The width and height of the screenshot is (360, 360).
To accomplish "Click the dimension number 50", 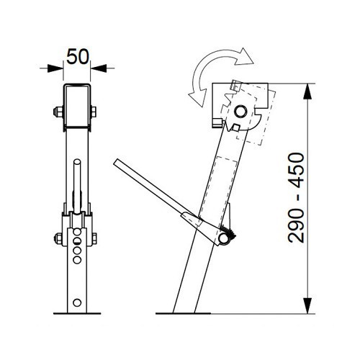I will click(x=78, y=55).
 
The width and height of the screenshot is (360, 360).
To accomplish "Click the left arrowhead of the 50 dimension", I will click(x=57, y=68).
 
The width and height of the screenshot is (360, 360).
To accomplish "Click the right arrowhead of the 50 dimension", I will click(x=99, y=68).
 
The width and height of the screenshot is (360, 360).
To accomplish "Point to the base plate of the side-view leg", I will click(x=190, y=313).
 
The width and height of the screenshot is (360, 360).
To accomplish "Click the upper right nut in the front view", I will click(x=96, y=112).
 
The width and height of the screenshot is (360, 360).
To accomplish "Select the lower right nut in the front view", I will click(x=96, y=238).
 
